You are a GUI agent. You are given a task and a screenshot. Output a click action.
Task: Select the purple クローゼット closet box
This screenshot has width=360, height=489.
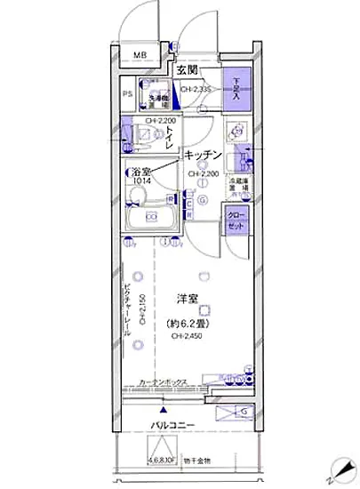click(236, 218)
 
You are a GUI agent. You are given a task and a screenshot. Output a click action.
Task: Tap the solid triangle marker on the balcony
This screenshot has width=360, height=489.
click(163, 412)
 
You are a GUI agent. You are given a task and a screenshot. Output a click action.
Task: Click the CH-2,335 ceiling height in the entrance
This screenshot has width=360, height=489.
click(196, 89)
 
